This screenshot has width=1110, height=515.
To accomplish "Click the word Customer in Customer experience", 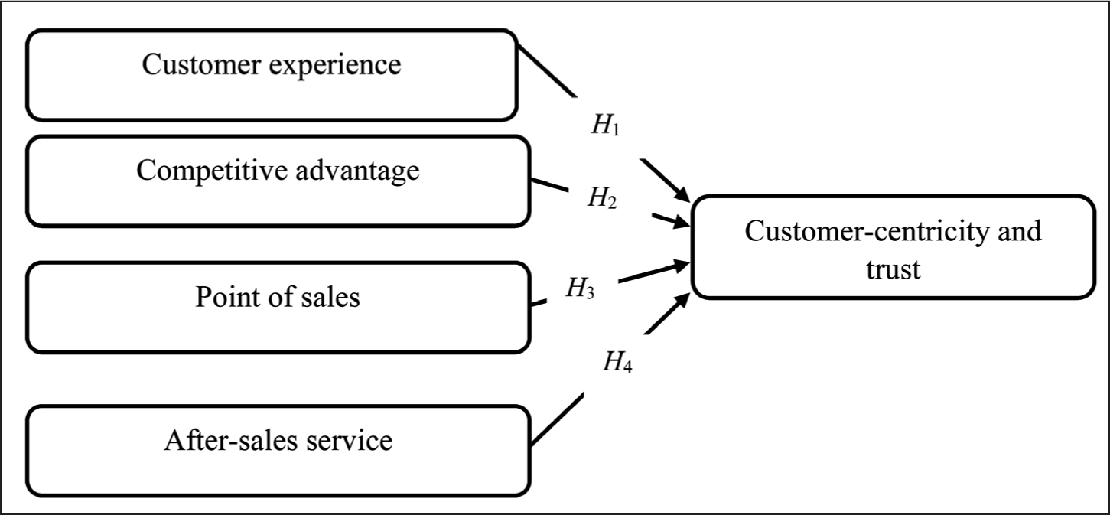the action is (x=201, y=64).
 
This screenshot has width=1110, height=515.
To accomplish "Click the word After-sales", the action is (x=231, y=440).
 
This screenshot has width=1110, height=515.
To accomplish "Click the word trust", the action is (x=893, y=270).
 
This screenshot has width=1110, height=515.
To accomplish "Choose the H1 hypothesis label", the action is (x=606, y=124).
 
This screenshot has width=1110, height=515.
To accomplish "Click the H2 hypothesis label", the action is (x=602, y=197).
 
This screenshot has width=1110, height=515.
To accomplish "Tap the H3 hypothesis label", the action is (x=580, y=288).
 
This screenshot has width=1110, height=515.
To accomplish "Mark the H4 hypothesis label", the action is (x=617, y=361).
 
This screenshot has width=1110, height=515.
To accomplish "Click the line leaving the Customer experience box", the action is (x=547, y=70).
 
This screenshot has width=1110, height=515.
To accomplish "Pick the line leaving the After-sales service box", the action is (x=557, y=419).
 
